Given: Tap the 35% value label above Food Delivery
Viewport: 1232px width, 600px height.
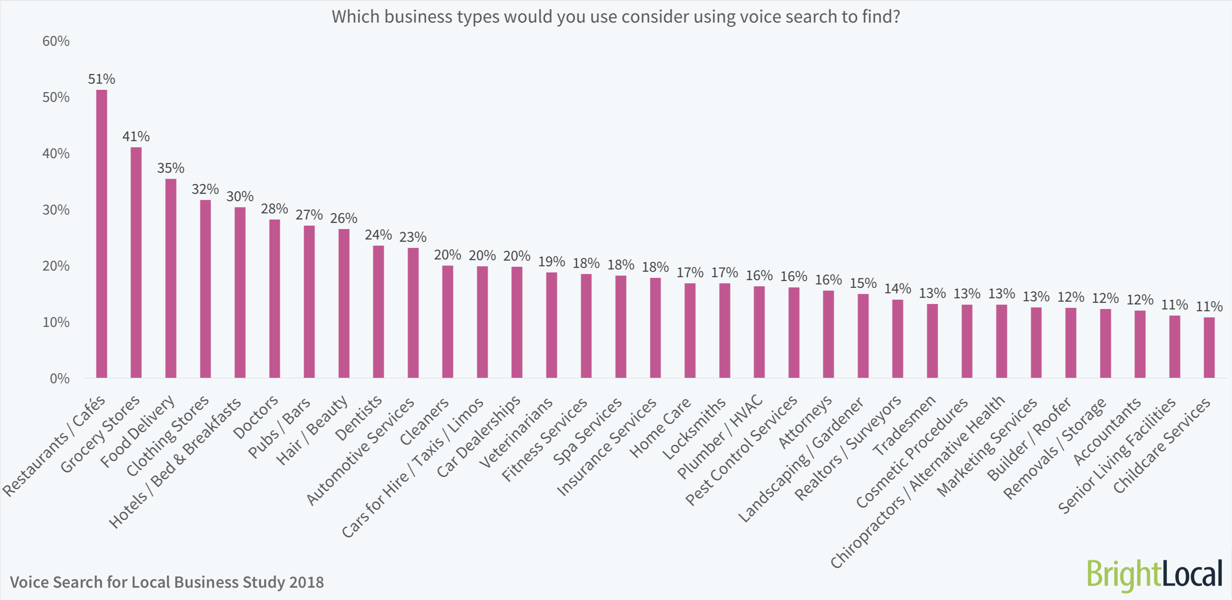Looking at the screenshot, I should pos(171,168).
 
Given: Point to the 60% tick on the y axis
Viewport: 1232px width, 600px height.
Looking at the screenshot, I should pos(56,41).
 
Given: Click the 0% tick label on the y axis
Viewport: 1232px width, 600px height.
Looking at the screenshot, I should pos(59,378).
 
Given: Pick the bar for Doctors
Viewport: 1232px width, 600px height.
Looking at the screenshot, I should pos(275,298).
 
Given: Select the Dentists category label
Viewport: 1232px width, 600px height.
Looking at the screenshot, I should pos(359,418).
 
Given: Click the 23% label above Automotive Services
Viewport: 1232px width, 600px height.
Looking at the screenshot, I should pos(413,237).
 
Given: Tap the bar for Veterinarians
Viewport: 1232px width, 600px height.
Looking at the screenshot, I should pos(552,325).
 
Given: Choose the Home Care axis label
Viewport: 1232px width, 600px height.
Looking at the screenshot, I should pos(660,428).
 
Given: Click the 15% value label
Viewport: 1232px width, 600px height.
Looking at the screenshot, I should pos(863,283).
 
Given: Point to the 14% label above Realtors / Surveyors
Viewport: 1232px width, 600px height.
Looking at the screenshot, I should pos(897,288).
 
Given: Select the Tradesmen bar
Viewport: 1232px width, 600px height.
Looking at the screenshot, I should pos(932,341).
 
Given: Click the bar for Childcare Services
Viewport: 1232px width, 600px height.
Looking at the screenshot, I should pos(1209,347).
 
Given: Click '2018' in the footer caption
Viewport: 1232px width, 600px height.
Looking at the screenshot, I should pos(306,582).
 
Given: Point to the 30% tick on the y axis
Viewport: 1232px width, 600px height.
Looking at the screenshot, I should pos(56,209).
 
